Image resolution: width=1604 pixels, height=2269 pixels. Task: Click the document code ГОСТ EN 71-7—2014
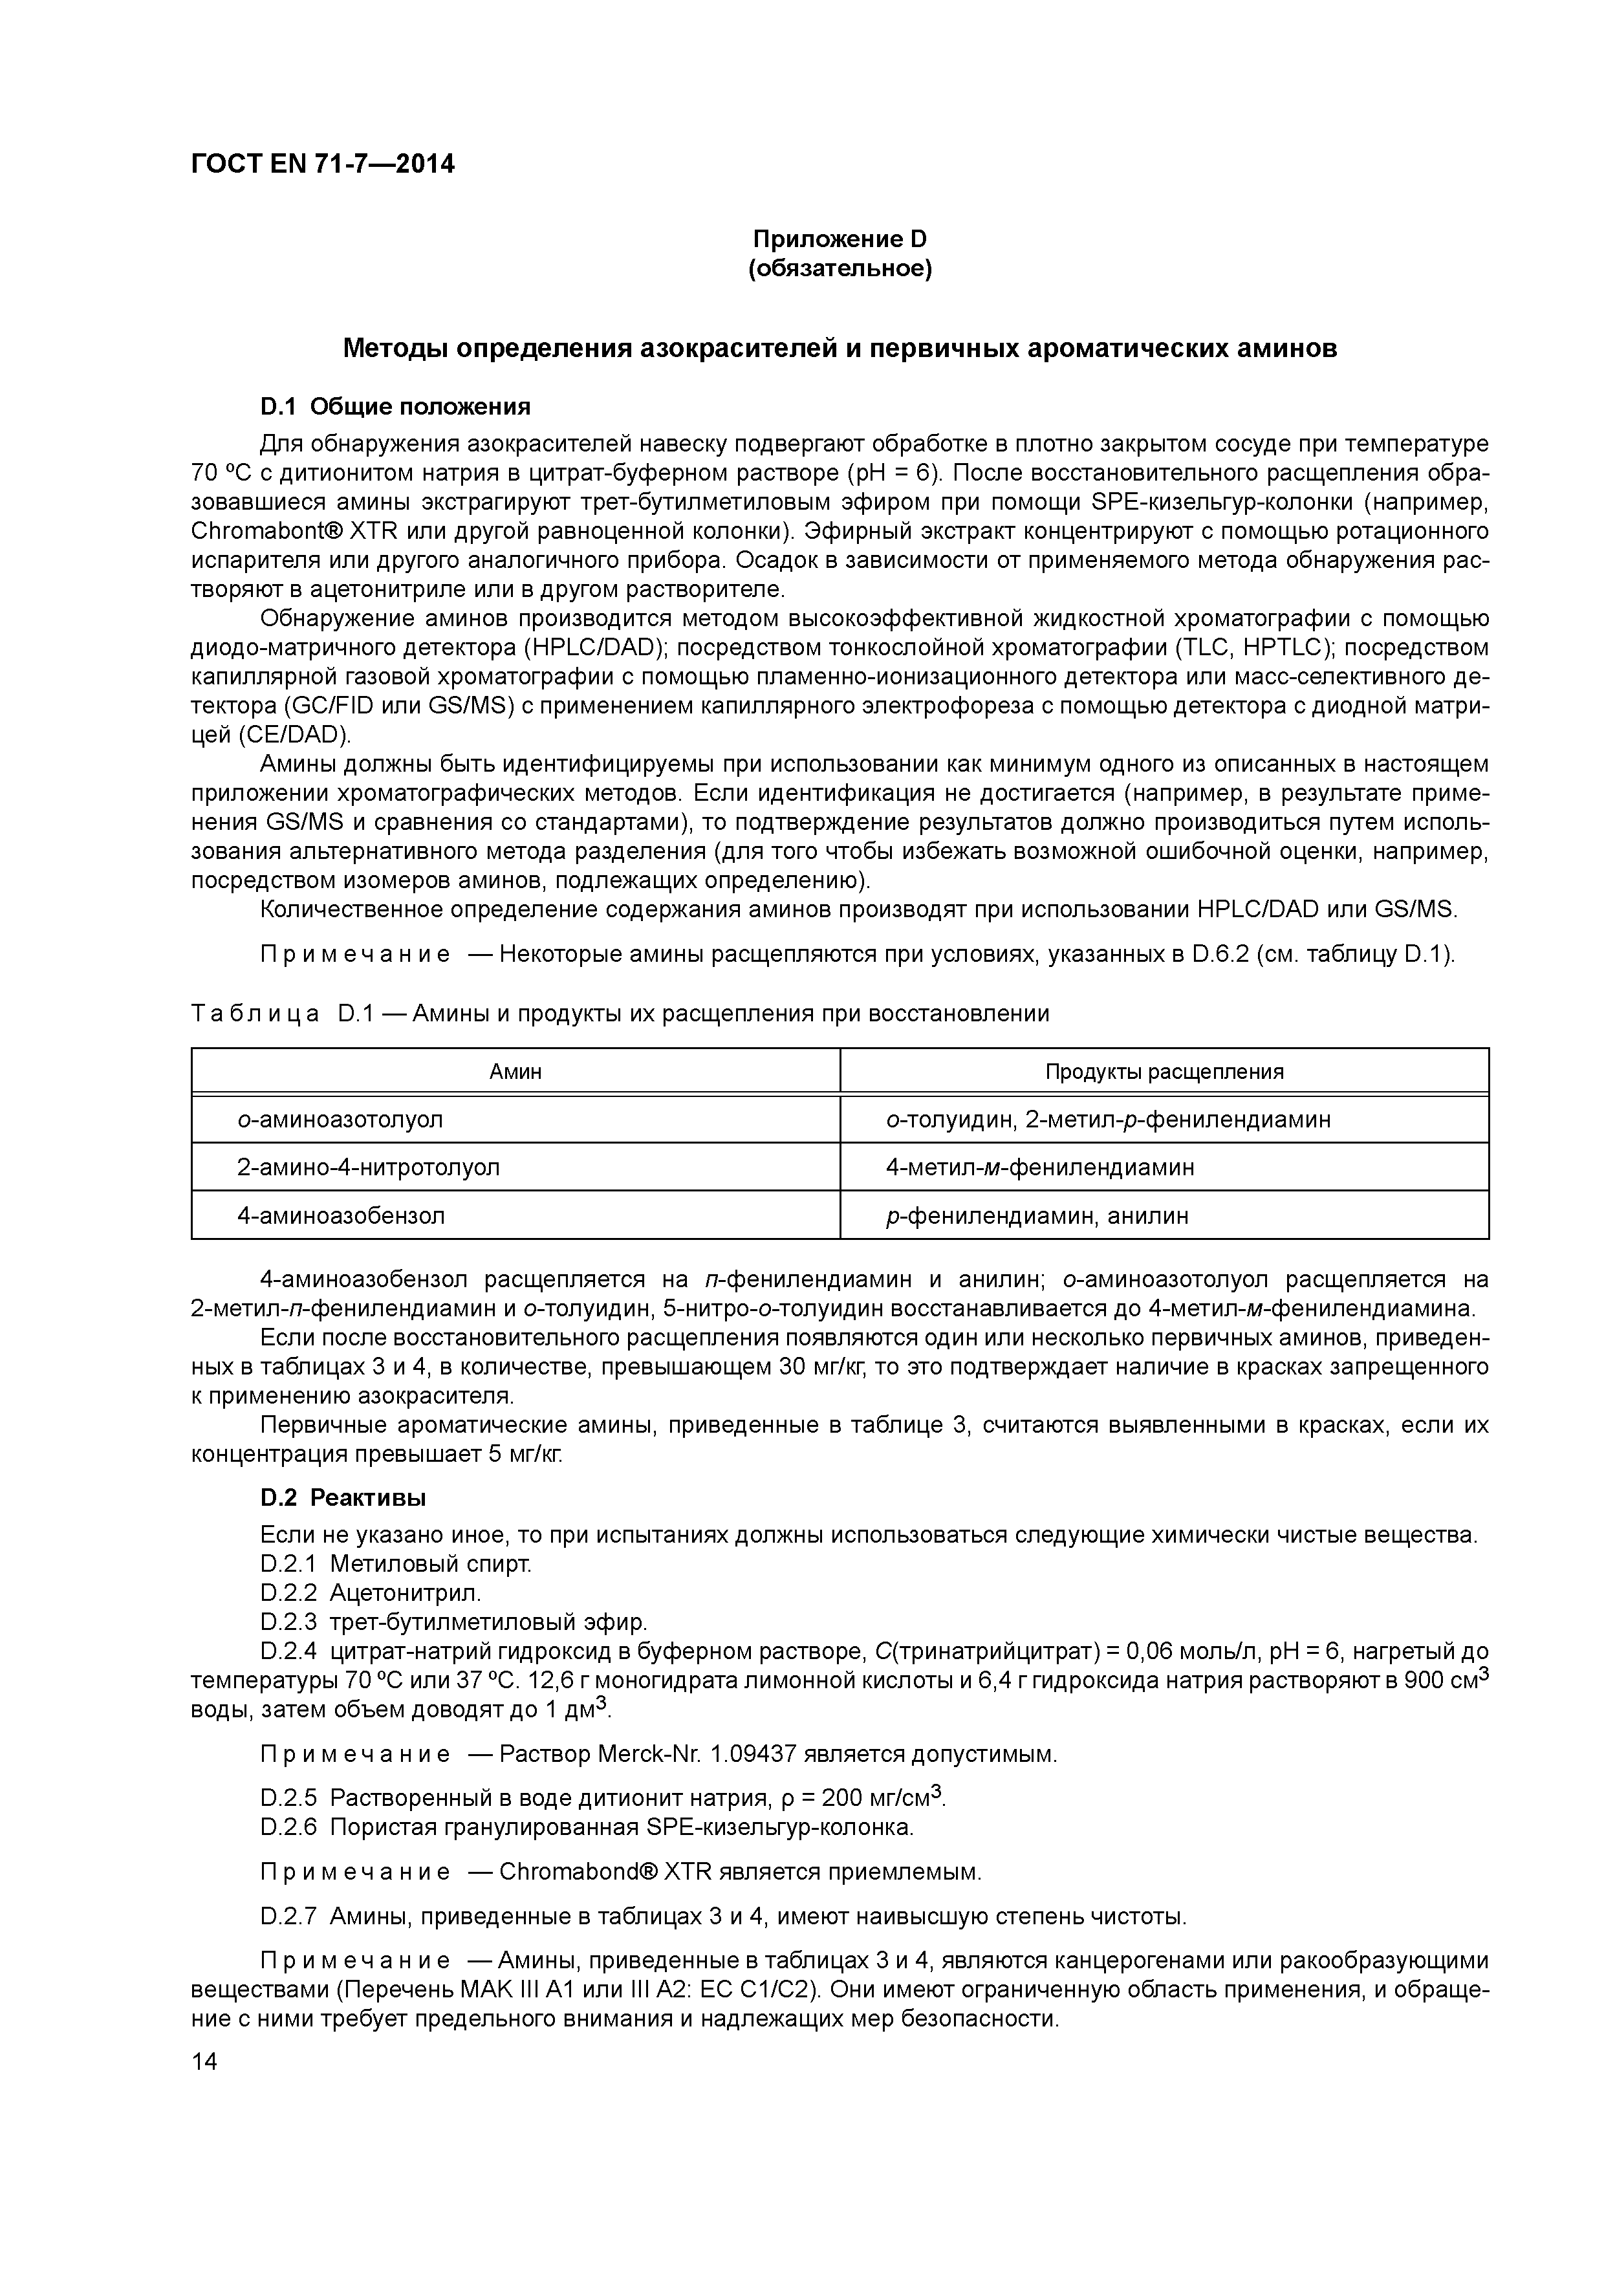[x=322, y=164]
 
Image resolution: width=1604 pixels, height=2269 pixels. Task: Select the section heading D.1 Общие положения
[x=395, y=406]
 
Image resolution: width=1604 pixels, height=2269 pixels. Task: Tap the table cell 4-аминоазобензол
[x=340, y=1215]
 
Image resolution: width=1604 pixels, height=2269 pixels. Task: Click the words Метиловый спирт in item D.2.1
[x=430, y=1565]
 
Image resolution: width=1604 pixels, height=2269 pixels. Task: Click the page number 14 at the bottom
[x=204, y=2061]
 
